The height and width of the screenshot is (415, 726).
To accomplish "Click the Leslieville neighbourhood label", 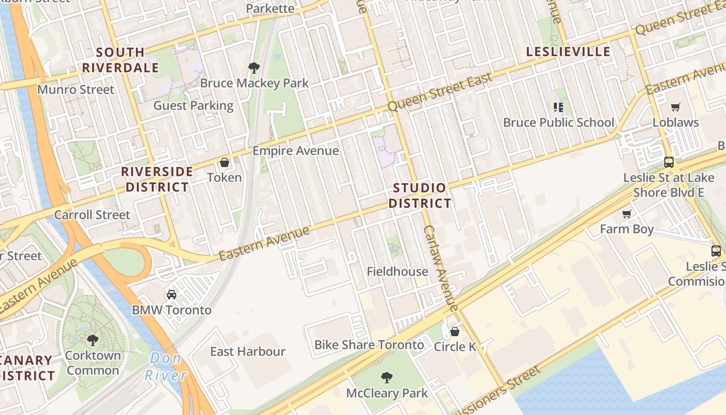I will point(568,52).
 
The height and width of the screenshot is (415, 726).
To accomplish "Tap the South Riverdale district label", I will point(120,60).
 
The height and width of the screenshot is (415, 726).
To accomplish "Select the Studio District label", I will point(420,196).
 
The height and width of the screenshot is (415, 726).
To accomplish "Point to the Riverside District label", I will point(157,179).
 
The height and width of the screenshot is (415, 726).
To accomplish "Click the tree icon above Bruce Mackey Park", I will point(254,68).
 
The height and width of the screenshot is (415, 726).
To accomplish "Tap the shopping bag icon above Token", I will point(225,163).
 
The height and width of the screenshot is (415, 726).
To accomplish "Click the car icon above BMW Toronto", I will point(172,295).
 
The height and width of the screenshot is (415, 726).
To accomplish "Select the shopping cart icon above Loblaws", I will point(675,107).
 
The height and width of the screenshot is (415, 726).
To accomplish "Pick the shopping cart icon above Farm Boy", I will point(626,214).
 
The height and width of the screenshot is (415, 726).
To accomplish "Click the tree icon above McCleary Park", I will point(386,377).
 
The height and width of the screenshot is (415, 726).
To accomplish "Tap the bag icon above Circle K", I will point(455,331).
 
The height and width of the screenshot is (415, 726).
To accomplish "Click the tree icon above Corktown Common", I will point(93,340).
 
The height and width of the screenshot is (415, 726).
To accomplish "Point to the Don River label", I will point(165,366).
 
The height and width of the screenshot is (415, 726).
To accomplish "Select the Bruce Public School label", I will point(559,123).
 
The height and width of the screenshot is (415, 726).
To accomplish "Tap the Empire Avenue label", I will point(296,151).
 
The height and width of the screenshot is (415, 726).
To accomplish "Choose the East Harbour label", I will point(247,352).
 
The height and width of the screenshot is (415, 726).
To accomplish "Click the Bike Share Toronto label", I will point(369,345).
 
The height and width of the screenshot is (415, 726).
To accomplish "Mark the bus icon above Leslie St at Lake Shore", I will point(669,162).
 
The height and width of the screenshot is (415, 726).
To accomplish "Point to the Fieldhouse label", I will point(397,271).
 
